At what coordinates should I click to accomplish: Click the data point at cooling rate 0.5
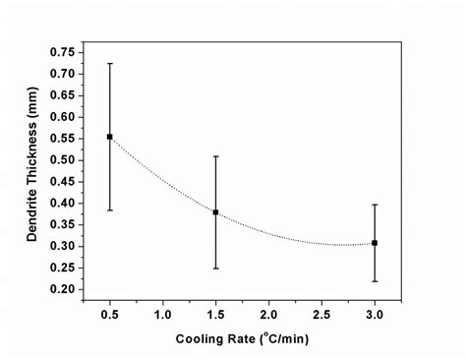109,137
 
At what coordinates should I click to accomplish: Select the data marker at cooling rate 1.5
215,212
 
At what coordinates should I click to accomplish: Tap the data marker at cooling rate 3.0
375,243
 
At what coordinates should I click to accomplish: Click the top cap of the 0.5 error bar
109,63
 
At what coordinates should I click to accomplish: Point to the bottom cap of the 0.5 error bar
109,210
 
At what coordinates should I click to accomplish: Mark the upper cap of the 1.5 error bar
215,155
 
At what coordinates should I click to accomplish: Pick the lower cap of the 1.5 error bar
215,269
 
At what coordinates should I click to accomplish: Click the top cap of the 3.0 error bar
375,205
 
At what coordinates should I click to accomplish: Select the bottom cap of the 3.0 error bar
375,281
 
